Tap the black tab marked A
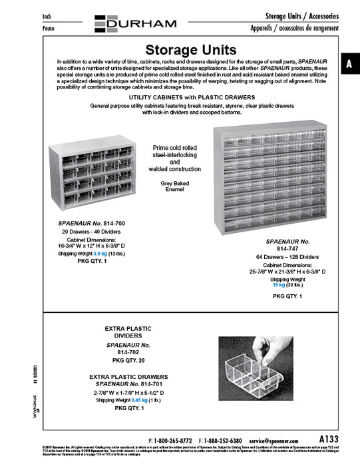click(x=349, y=64)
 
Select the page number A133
click(x=329, y=439)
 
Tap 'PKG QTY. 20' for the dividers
click(x=128, y=359)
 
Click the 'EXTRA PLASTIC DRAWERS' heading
click(x=128, y=377)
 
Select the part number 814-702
click(x=128, y=353)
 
